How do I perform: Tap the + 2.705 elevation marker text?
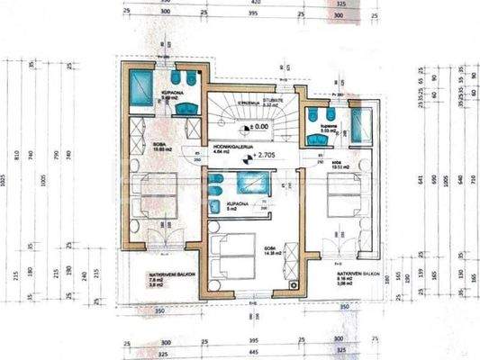click(263, 155)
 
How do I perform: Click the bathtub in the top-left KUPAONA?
click(143, 87)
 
